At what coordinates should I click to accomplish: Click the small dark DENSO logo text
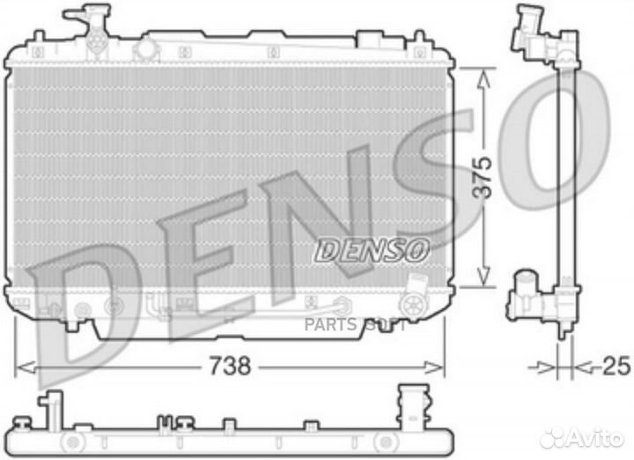pyautogui.click(x=372, y=251)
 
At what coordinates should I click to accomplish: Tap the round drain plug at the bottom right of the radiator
pyautogui.click(x=413, y=305)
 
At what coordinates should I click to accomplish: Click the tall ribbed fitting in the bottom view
pyautogui.click(x=409, y=404)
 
